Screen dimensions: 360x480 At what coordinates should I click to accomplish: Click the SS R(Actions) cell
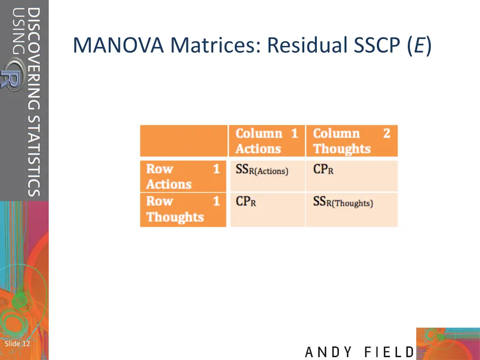(x=262, y=170)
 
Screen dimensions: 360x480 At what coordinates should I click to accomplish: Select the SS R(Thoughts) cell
(x=343, y=202)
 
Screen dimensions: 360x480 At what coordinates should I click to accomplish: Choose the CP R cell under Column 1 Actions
(x=246, y=202)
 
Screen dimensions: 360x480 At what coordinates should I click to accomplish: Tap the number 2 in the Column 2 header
(x=386, y=133)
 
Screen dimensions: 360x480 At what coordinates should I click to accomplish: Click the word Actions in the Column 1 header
(x=258, y=149)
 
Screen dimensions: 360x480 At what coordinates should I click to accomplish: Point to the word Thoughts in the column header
(x=342, y=149)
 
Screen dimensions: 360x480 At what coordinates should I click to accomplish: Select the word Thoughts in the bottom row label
(x=175, y=217)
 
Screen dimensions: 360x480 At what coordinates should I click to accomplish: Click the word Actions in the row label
(x=169, y=184)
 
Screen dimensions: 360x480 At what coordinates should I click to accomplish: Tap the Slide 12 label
(x=17, y=344)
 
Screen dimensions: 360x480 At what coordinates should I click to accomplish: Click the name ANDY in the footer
(x=329, y=352)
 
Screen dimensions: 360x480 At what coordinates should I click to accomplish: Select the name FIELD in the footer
(x=390, y=352)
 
